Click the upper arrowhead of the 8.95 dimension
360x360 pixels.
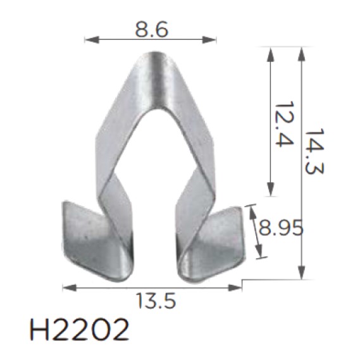coord(252,208)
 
